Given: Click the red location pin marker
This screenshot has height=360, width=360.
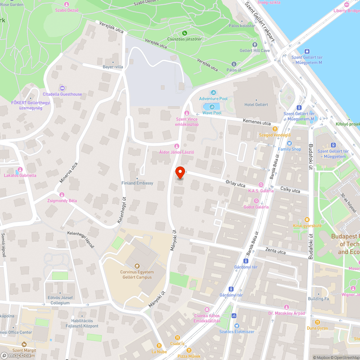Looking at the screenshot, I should coord(180,173).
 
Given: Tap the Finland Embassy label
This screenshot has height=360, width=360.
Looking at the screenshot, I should coord(137,183).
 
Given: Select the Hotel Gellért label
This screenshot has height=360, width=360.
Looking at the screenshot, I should coord(256,104).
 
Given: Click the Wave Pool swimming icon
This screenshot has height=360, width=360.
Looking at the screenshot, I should coord(212,107).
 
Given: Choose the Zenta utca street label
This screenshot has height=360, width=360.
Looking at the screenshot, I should coord(275,251).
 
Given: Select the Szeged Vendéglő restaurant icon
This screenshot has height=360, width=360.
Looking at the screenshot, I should coord(275,129).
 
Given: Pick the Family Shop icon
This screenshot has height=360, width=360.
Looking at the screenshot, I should coord(289,143).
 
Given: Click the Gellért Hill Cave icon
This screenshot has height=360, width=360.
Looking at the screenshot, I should coord(255,45).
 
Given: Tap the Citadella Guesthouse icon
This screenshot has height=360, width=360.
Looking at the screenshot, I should coord(62,88).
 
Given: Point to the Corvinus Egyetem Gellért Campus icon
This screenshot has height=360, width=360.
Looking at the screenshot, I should coord(137,266).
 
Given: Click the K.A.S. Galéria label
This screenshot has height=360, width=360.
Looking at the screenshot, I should coord(261,191).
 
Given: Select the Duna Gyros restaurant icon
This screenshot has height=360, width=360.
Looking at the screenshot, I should coord(317,322).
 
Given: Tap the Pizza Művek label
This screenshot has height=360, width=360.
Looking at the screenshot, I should coord(189,356).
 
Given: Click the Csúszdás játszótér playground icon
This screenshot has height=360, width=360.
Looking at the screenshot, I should coord(185,33).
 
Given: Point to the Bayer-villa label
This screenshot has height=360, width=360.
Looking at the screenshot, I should coord(113,67).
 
